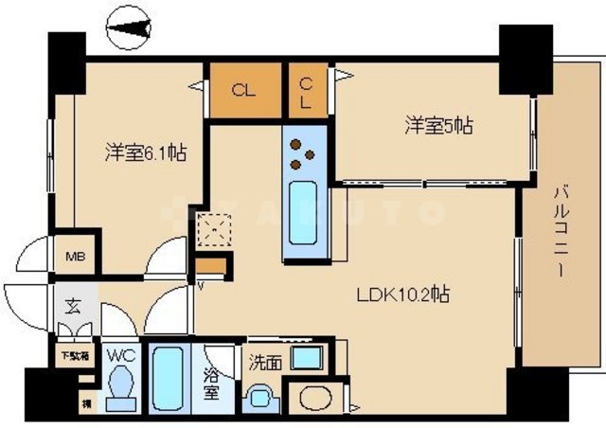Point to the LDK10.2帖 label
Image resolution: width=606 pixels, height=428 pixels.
click(402, 294)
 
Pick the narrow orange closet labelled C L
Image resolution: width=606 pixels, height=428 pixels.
click(307, 91)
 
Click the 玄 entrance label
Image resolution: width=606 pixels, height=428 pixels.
click(73, 306)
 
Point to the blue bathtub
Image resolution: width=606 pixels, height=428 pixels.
click(171, 378)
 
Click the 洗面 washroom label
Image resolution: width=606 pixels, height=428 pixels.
click(264, 361)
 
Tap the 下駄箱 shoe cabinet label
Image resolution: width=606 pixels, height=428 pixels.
click(72, 357)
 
